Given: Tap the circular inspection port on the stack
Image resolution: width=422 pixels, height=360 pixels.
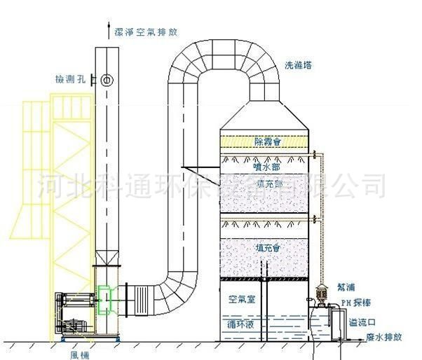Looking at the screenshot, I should [107, 80].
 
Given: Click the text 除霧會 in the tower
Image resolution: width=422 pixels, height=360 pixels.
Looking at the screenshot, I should [267, 141].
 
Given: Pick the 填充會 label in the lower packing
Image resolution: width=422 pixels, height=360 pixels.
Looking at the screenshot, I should [268, 248].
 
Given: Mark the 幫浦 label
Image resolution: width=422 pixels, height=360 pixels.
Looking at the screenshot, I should [346, 287].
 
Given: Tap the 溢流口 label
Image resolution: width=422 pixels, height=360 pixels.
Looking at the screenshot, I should [361, 321].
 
